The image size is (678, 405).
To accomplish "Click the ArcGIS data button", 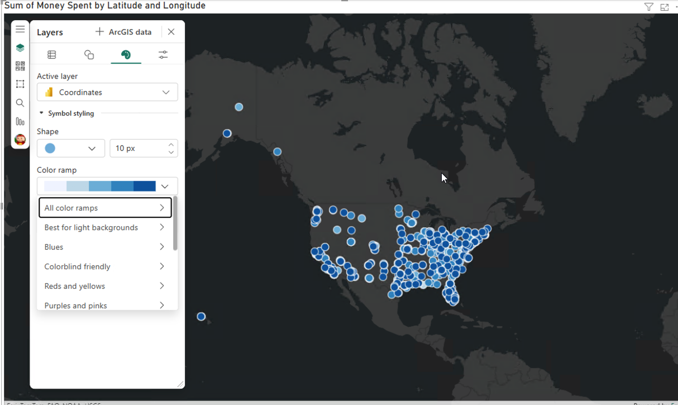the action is click(x=123, y=32).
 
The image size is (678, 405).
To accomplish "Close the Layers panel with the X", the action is click(x=171, y=32).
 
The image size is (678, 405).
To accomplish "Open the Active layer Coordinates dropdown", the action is click(x=107, y=92).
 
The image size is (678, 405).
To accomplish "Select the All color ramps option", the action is click(x=105, y=208).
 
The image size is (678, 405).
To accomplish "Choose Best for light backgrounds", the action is click(x=105, y=227).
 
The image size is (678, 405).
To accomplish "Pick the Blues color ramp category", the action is click(x=105, y=247).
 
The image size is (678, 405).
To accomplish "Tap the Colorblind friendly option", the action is click(x=105, y=266).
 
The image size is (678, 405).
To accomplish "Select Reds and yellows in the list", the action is click(x=105, y=286).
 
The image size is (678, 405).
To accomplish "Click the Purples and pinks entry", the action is click(x=105, y=305).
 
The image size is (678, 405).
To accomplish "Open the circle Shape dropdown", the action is click(x=71, y=148).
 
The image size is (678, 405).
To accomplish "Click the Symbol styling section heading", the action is click(x=70, y=113).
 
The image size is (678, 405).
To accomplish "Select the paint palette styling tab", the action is click(x=126, y=55).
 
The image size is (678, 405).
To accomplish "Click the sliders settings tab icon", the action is click(x=163, y=55).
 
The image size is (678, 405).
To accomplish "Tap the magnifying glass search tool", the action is click(x=20, y=103).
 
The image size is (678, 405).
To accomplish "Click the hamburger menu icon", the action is click(x=20, y=29).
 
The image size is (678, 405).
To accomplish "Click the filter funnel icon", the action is click(x=648, y=7).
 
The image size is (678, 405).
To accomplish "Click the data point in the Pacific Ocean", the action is click(x=201, y=317).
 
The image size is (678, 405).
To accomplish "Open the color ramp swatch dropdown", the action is click(x=107, y=186).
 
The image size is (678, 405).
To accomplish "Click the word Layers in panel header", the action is click(x=50, y=32).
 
